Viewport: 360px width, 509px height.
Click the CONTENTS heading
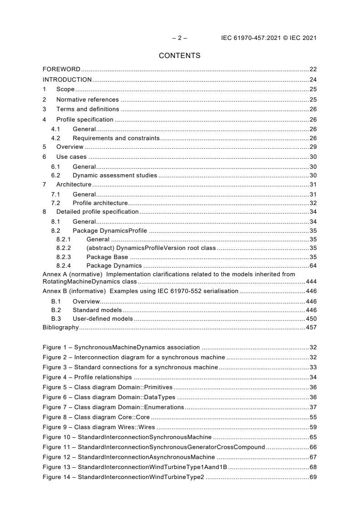click(179, 56)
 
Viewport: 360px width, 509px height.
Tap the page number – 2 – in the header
click(179, 38)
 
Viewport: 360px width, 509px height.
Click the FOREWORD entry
click(61, 69)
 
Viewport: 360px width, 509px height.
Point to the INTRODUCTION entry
click(67, 79)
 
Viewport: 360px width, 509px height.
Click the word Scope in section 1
click(65, 89)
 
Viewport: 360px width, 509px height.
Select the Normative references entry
click(87, 99)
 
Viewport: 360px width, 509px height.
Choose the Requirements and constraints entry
click(116, 138)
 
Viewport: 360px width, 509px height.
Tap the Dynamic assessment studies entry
click(115, 175)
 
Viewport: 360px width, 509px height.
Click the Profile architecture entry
click(100, 203)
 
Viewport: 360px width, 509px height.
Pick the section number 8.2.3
click(64, 257)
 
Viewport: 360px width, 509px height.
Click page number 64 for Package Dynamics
click(313, 265)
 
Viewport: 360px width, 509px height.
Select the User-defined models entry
click(103, 318)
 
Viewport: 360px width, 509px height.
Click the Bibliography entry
click(60, 327)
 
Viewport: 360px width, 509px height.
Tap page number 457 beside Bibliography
click(311, 327)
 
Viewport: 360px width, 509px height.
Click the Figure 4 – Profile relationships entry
click(87, 377)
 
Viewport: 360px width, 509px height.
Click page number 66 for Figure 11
click(313, 447)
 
